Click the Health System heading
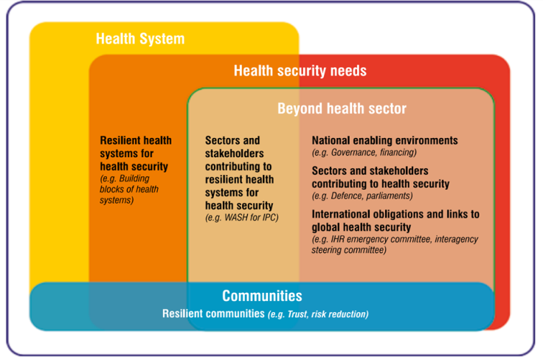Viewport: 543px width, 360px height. [x=140, y=38]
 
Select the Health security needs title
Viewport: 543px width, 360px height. [x=300, y=71]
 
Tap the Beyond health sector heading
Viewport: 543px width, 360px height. [x=342, y=109]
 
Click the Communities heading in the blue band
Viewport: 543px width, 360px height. [x=262, y=296]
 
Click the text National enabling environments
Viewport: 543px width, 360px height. [x=384, y=140]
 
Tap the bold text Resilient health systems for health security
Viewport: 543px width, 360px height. [x=135, y=153]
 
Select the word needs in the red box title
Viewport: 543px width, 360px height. [x=350, y=71]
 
